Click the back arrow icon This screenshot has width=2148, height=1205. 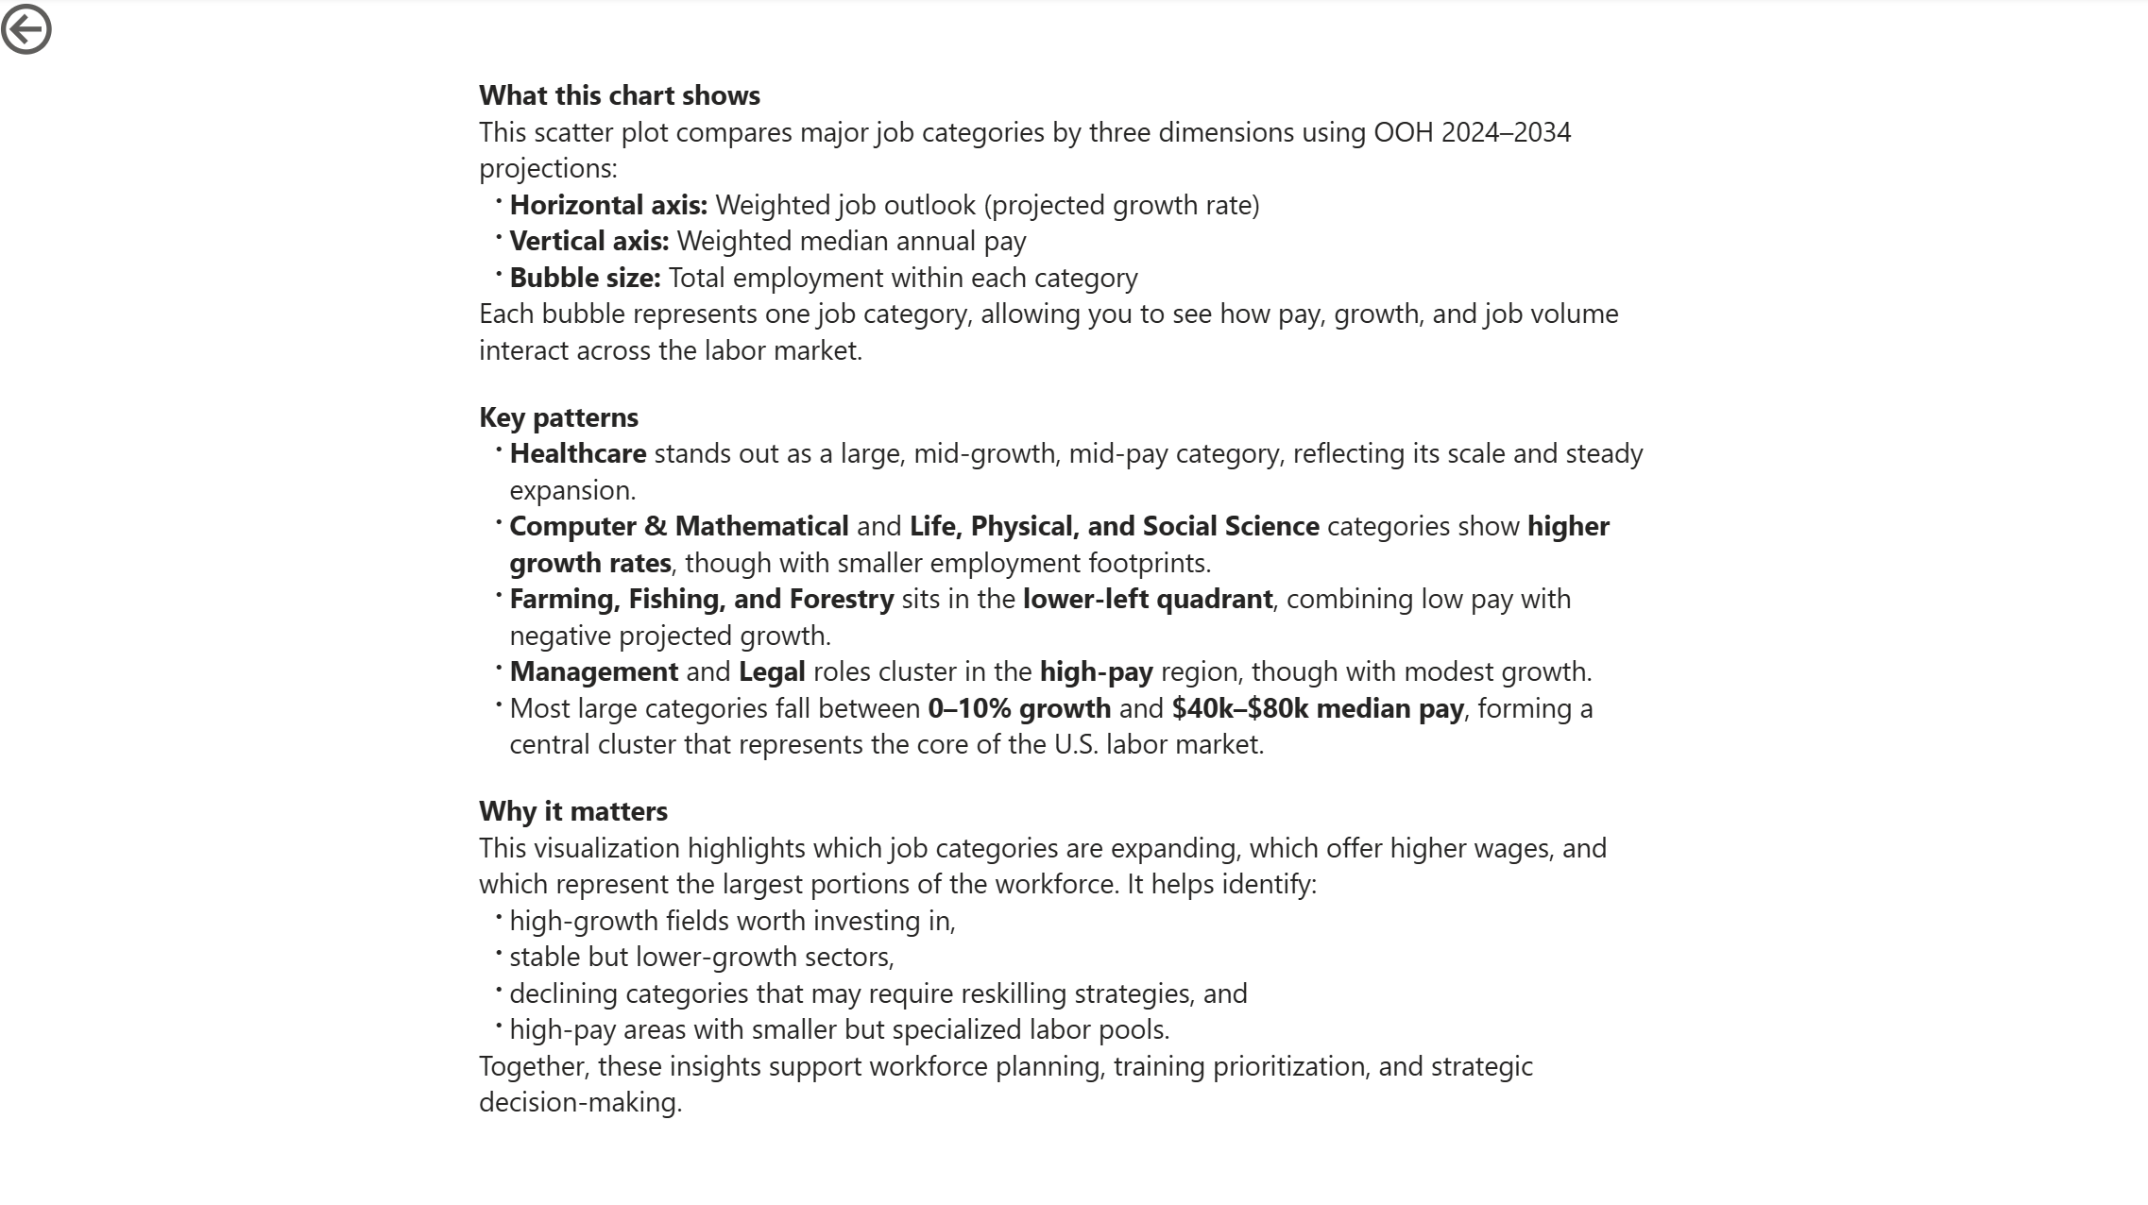(26, 29)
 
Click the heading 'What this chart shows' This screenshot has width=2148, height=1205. (619, 95)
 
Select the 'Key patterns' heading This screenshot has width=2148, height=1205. (558, 417)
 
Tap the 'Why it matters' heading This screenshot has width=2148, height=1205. (572, 811)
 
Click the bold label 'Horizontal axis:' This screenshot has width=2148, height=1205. (608, 205)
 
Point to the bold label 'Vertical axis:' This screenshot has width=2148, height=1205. (588, 241)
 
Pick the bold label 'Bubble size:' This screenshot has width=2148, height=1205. (585, 278)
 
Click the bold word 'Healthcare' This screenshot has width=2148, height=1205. (578, 453)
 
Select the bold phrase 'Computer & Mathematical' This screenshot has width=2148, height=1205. (679, 526)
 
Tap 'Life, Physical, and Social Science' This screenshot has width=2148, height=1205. (1114, 526)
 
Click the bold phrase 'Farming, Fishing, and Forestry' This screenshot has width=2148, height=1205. (701, 599)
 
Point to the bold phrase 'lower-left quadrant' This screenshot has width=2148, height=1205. (1147, 599)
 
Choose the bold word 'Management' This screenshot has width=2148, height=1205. (593, 671)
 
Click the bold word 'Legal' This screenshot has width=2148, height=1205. (772, 671)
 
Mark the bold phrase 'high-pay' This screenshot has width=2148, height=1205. (1096, 671)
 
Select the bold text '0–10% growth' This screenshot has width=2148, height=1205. (1019, 708)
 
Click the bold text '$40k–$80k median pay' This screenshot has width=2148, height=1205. (1317, 708)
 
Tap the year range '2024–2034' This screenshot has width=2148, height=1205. (1507, 132)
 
